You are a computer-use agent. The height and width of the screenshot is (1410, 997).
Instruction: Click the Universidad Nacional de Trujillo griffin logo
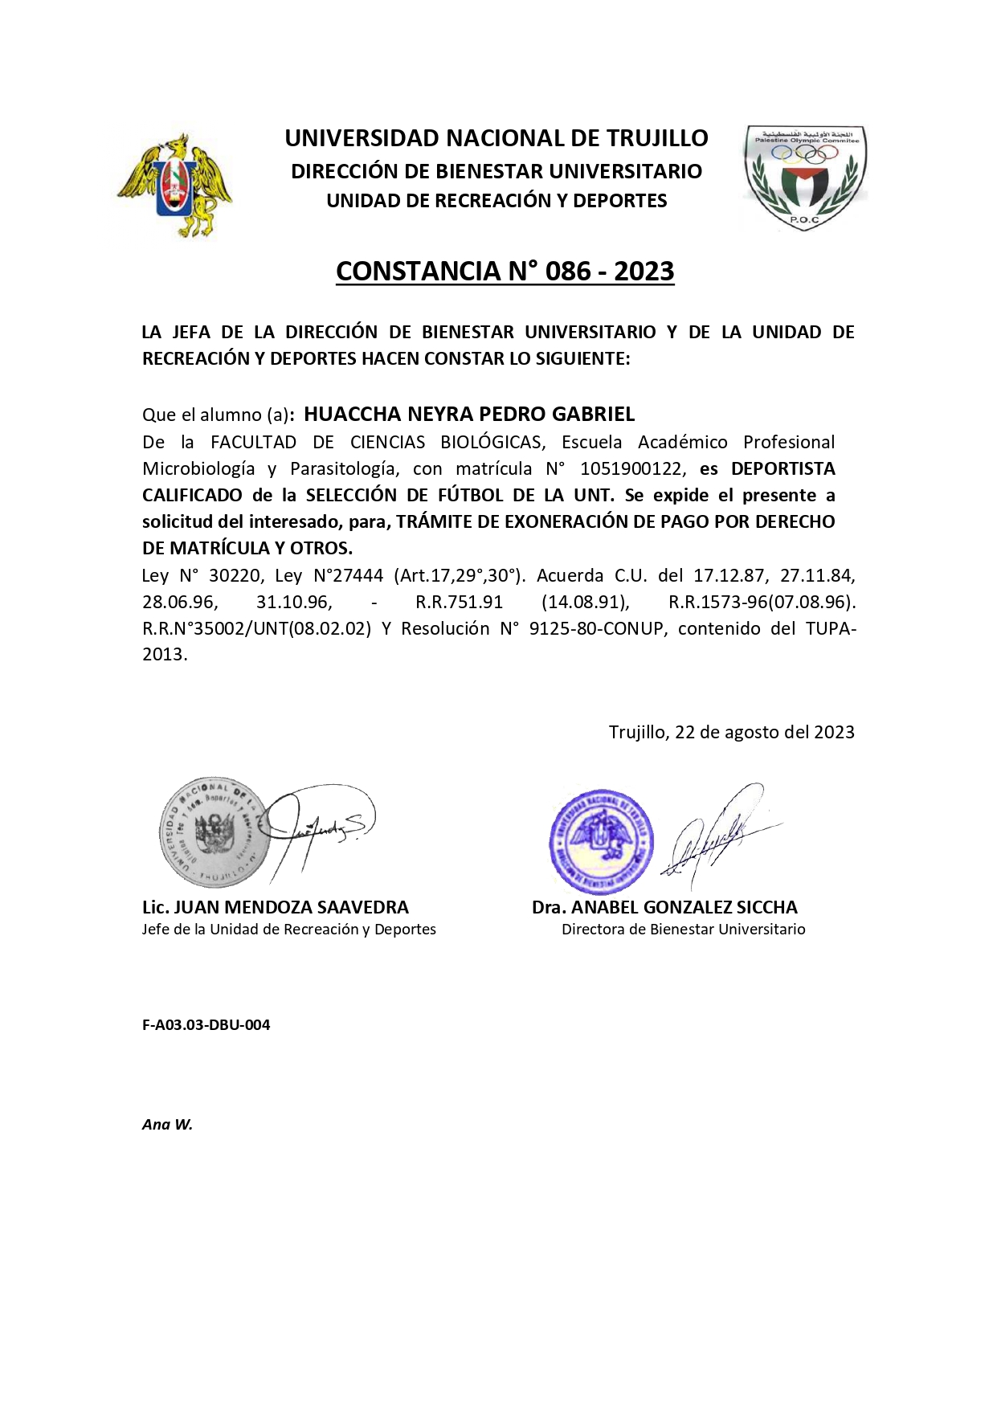pos(175,185)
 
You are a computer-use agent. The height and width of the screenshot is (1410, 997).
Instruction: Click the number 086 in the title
pos(568,272)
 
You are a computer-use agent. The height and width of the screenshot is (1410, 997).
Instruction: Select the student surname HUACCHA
pos(352,414)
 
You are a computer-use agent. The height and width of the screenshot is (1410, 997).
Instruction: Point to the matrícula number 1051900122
pos(632,468)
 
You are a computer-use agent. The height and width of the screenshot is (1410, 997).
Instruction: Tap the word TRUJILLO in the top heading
pos(656,138)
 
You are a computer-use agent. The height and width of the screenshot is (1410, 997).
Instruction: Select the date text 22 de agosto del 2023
pos(764,732)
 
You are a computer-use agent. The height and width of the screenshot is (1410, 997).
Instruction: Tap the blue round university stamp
pos(601,841)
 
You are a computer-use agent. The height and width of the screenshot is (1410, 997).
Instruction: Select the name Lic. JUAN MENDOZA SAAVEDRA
pos(276,907)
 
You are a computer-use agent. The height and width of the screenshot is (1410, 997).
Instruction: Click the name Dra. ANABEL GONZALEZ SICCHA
pos(664,907)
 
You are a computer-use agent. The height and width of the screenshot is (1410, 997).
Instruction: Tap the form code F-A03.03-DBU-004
pos(206,1024)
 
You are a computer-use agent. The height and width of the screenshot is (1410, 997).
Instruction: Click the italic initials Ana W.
pos(167,1124)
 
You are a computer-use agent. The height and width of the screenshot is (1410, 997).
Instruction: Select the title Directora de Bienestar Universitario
pos(683,930)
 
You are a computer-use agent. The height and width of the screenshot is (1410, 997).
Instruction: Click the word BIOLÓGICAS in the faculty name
pos(491,442)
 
